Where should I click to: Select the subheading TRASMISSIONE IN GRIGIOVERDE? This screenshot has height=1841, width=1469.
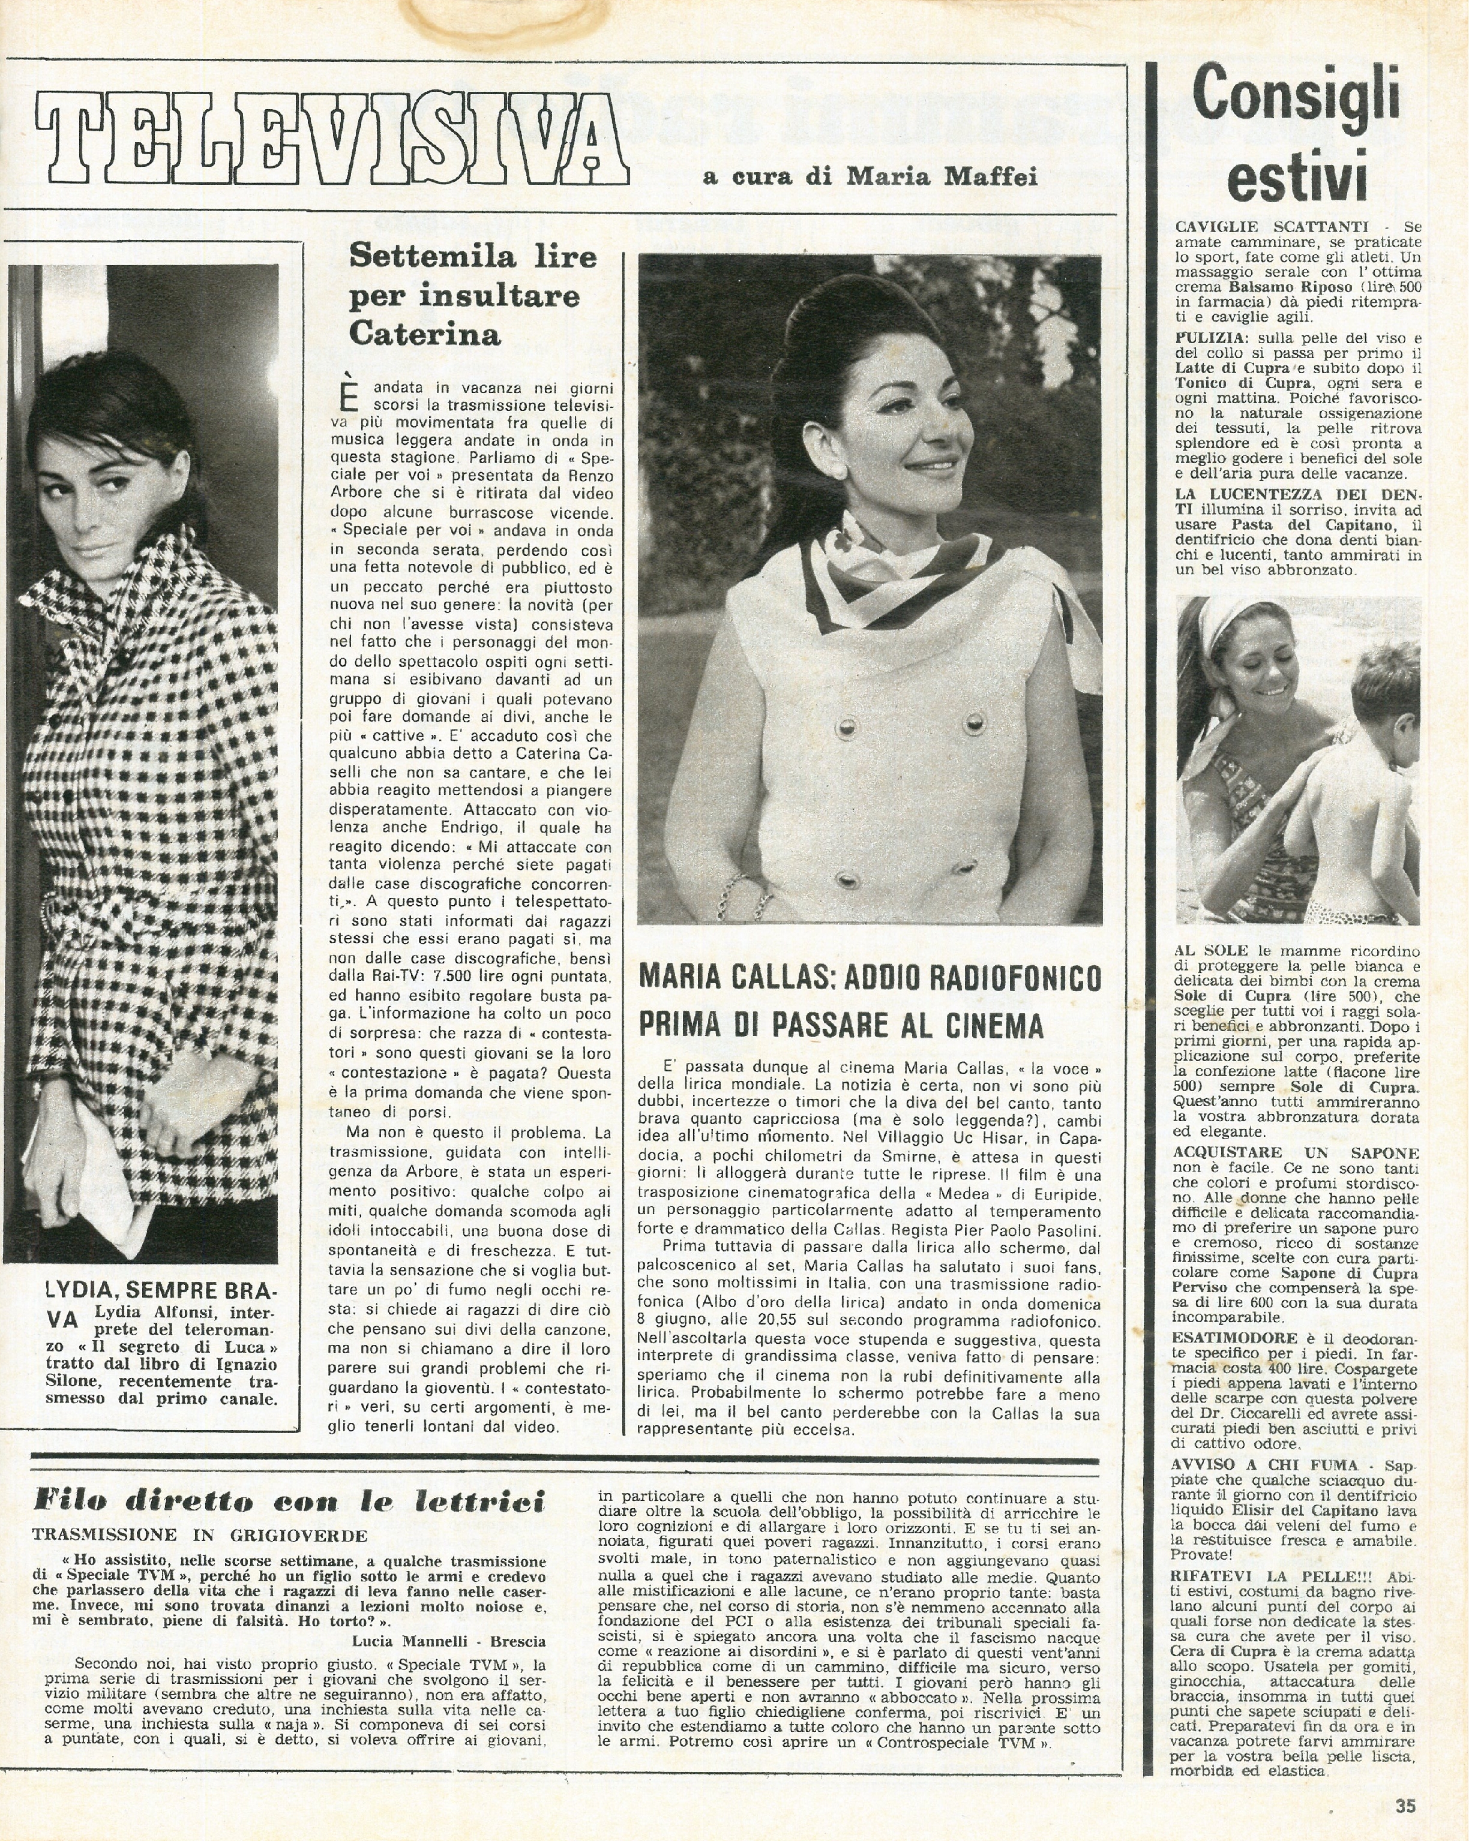click(200, 1534)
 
